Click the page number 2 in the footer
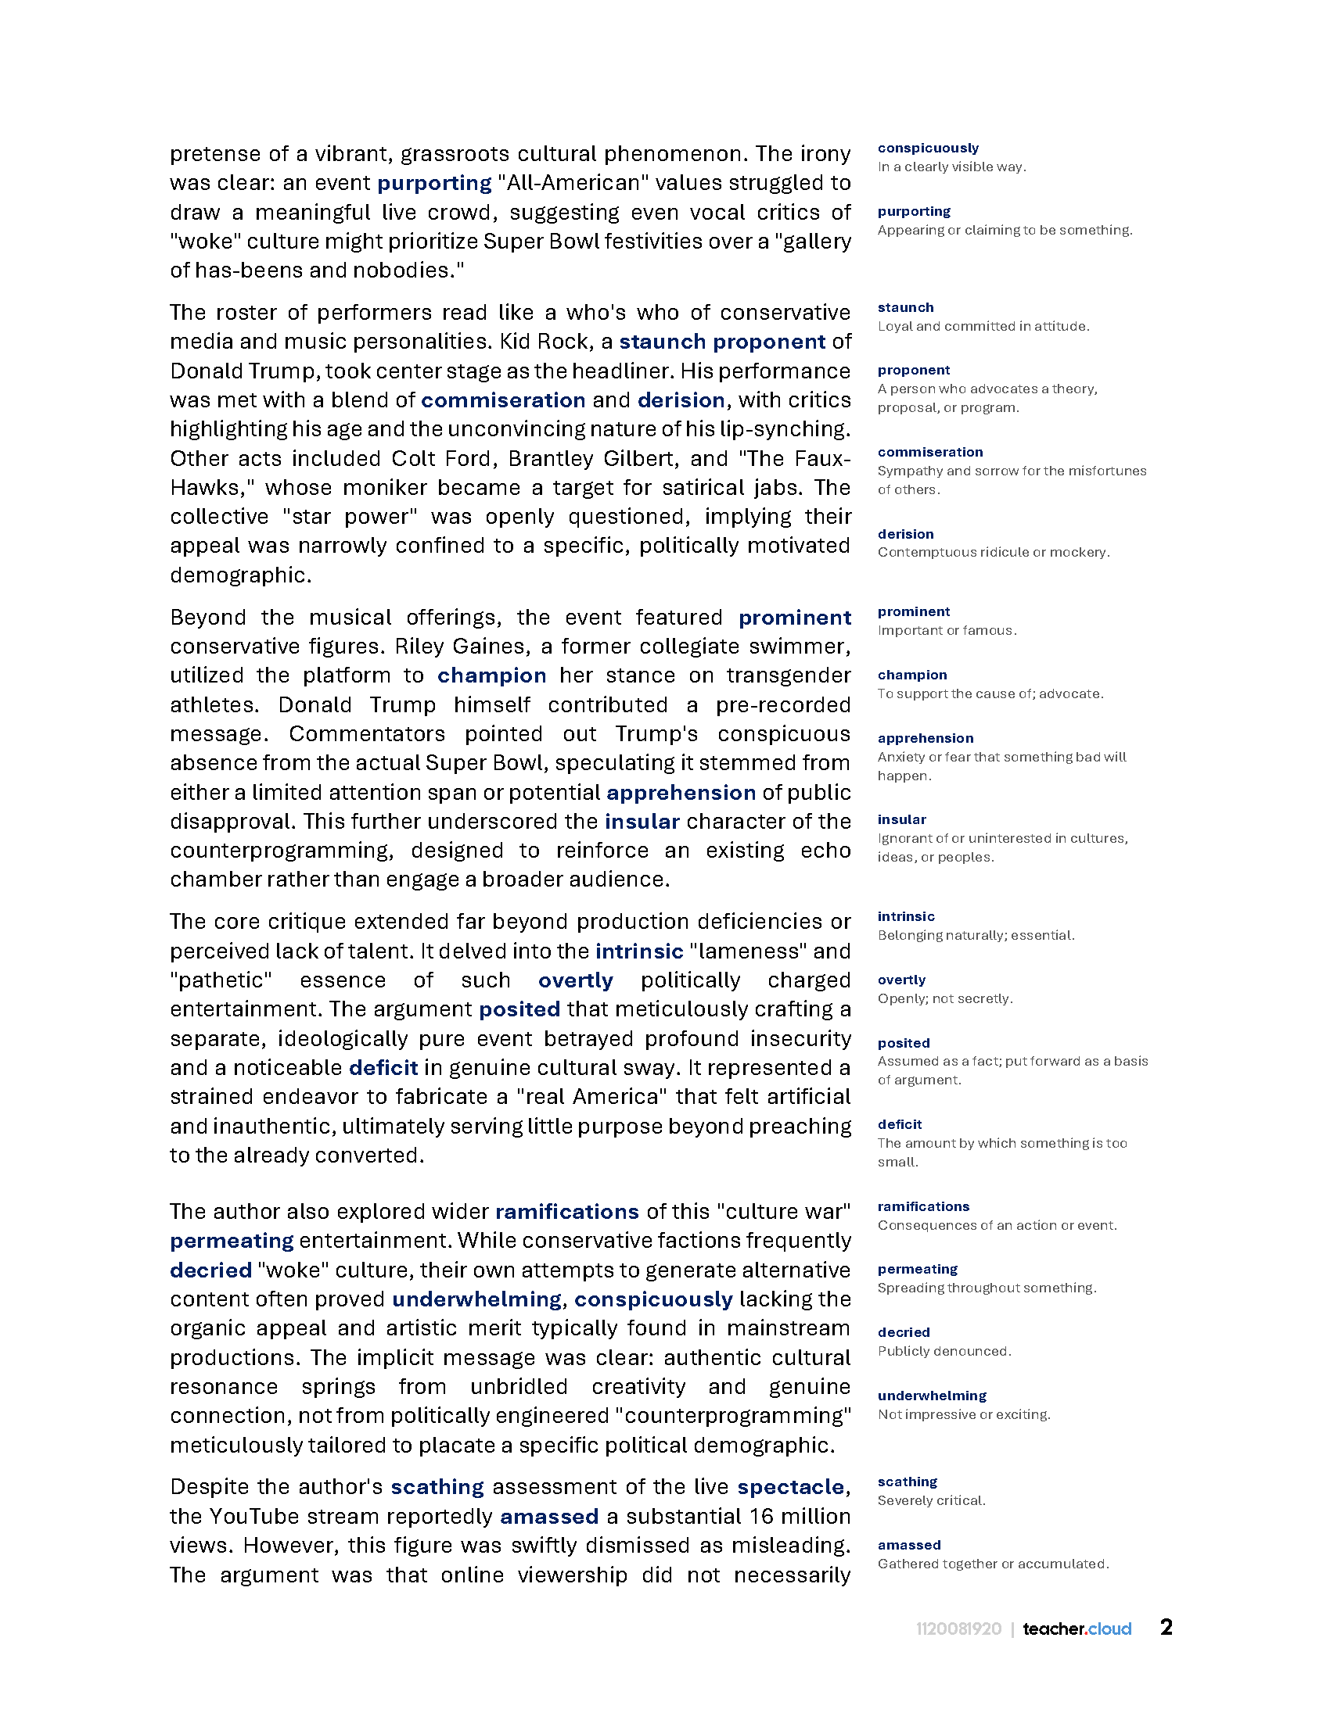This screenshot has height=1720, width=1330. (x=1166, y=1627)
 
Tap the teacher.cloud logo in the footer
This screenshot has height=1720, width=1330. (x=1077, y=1629)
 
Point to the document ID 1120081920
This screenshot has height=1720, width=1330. (x=958, y=1629)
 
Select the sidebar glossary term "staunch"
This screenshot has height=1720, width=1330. (x=905, y=307)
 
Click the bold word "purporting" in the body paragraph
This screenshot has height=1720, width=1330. (x=434, y=183)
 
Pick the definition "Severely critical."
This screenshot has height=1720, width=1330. (x=931, y=1500)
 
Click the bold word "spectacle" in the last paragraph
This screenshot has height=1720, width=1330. (x=791, y=1487)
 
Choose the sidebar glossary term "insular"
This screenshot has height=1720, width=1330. (x=901, y=819)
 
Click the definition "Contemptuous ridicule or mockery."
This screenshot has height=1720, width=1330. (x=994, y=552)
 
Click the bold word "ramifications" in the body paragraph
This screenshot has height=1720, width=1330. (x=566, y=1211)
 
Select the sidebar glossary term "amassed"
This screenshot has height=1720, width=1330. (x=908, y=1545)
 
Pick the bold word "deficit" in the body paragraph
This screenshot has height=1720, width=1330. (x=383, y=1068)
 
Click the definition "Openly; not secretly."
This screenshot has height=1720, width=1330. (x=945, y=998)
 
